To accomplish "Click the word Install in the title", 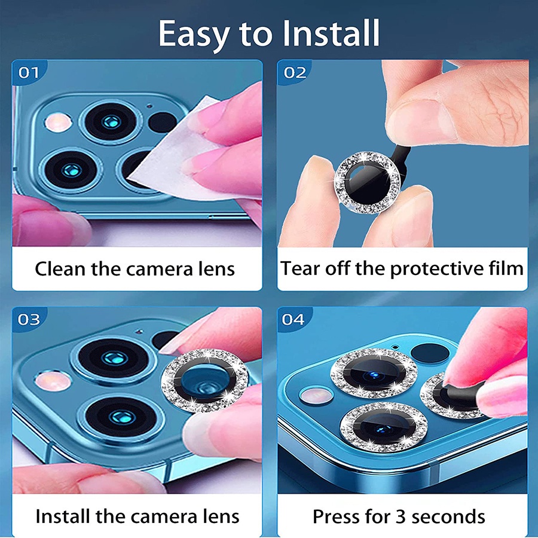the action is [x=331, y=33].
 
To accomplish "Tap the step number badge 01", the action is [x=29, y=73].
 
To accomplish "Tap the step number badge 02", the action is [x=295, y=73].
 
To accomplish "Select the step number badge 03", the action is [x=29, y=319].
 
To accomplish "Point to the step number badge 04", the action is [x=294, y=319].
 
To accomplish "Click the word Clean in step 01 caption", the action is [x=60, y=268].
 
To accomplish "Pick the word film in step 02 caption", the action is [x=506, y=268].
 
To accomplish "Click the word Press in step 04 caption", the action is [x=335, y=516].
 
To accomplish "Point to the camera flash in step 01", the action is [x=59, y=123].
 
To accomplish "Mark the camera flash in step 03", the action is [x=53, y=380].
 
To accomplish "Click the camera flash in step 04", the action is [x=316, y=395].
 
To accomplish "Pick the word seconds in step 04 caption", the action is [x=448, y=516].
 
